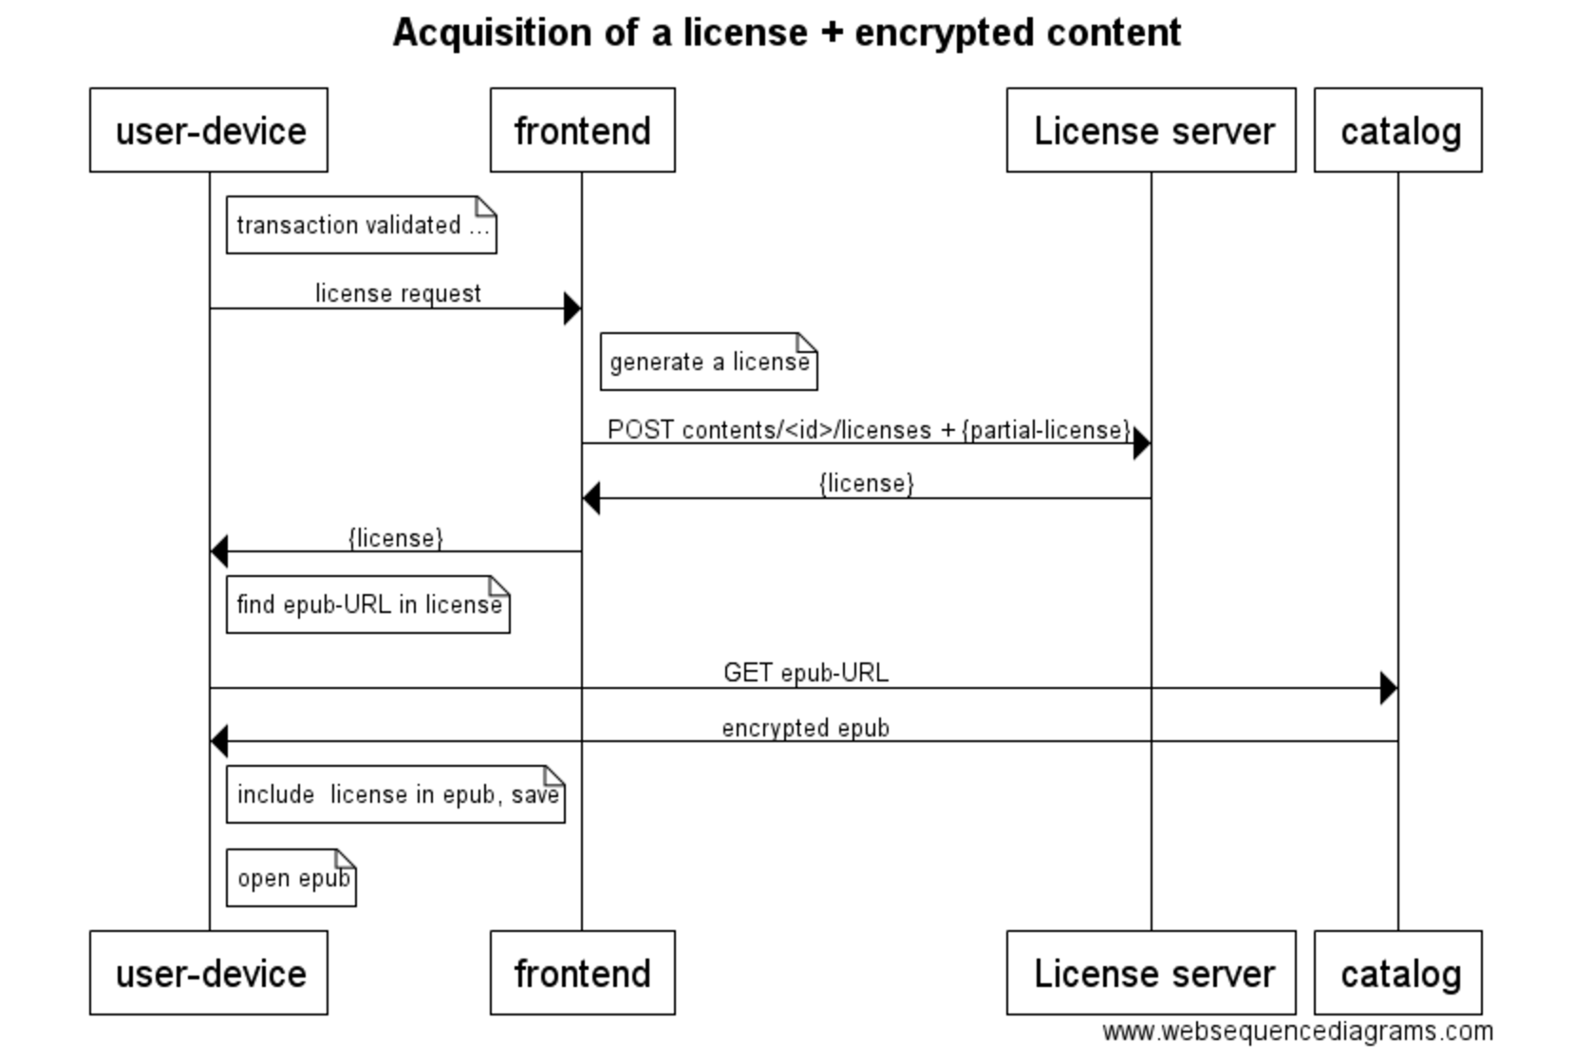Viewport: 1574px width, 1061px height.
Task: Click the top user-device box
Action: pyautogui.click(x=209, y=130)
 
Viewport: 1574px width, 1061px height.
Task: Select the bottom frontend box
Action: pyautogui.click(x=582, y=973)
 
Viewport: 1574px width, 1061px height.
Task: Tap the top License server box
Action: pyautogui.click(x=1151, y=130)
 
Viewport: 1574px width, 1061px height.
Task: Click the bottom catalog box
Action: pyautogui.click(x=1397, y=973)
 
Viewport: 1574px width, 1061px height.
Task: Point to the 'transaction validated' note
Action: pyautogui.click(x=361, y=225)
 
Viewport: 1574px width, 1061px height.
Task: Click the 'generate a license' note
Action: pyautogui.click(x=708, y=362)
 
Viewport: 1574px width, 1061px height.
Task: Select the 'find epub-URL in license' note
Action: pyautogui.click(x=367, y=605)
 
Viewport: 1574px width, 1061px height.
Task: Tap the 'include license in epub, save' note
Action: pyautogui.click(x=395, y=794)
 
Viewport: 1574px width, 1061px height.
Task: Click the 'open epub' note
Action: pyautogui.click(x=290, y=878)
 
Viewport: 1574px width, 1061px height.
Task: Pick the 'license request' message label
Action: pyautogui.click(x=398, y=293)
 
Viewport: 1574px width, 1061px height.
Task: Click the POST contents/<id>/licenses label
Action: pyautogui.click(x=869, y=430)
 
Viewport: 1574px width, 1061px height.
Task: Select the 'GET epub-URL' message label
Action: pyautogui.click(x=805, y=673)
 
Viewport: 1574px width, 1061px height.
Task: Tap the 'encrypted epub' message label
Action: pyautogui.click(x=805, y=728)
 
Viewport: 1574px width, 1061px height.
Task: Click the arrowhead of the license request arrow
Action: pyautogui.click(x=572, y=308)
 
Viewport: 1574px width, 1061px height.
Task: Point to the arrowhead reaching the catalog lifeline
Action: pyautogui.click(x=1388, y=688)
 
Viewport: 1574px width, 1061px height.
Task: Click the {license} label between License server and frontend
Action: pyautogui.click(x=866, y=483)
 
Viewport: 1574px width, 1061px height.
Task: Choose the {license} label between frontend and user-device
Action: pyautogui.click(x=395, y=538)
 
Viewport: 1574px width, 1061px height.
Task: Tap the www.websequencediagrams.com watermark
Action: pyautogui.click(x=1297, y=1032)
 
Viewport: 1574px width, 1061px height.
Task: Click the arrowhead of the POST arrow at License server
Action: pyautogui.click(x=1142, y=443)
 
